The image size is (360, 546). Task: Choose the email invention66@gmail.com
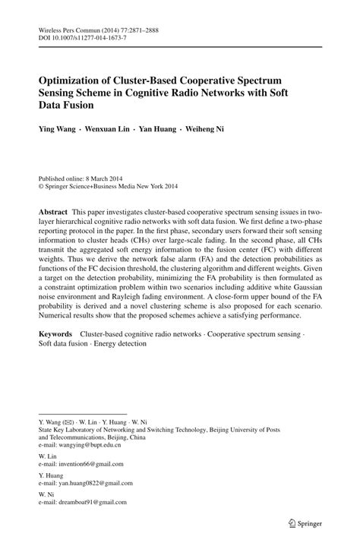coord(83,464)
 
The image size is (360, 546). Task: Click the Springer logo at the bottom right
coord(302,522)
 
